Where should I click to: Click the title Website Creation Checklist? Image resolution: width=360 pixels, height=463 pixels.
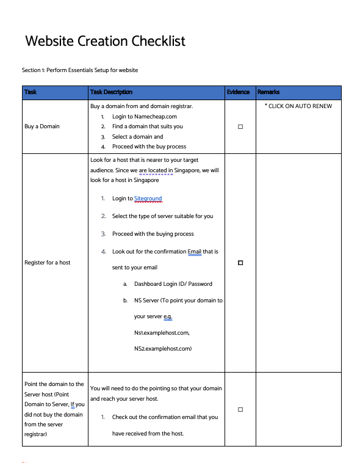coord(105,42)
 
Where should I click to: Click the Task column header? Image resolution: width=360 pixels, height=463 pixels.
coord(31,92)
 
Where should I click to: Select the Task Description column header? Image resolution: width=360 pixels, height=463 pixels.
coord(111,92)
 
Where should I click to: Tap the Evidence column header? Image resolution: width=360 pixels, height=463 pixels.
coord(238,92)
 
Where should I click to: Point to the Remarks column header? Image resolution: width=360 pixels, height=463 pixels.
coord(268,92)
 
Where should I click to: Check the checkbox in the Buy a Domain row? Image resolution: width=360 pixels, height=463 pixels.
coord(240,126)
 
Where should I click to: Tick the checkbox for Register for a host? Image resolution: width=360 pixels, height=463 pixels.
coord(240,263)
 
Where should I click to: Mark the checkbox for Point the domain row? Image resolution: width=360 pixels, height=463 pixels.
coord(240,409)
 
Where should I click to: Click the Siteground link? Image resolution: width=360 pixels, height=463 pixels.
coord(148,199)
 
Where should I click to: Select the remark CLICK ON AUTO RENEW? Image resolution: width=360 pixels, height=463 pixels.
coord(298,106)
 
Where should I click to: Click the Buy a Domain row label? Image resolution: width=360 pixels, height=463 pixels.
coord(42,126)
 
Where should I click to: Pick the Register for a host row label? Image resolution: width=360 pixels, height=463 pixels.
coord(48,263)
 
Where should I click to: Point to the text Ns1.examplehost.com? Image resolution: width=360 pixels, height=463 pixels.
coord(162,333)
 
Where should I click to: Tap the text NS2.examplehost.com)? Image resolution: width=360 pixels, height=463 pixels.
coord(163,349)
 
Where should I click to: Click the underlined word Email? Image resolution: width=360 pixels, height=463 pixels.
coord(195,251)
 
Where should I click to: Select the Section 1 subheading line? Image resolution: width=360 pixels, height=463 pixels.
coord(80,70)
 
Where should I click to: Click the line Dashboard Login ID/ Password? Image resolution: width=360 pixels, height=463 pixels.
coord(173,284)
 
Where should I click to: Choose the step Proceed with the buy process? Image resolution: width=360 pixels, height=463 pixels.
coord(149,147)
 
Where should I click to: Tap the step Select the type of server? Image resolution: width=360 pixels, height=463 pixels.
coord(162,216)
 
